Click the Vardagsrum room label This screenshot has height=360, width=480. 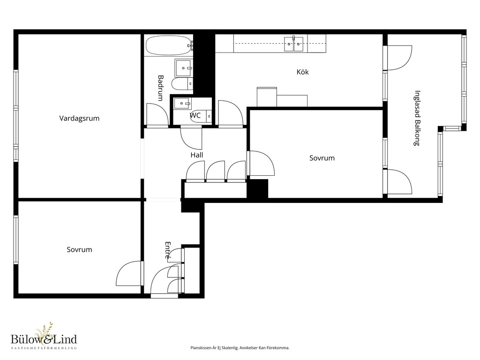pyautogui.click(x=79, y=119)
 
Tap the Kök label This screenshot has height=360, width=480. pyautogui.click(x=302, y=72)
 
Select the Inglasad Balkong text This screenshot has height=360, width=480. pyautogui.click(x=417, y=118)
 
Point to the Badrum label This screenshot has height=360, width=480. pyautogui.click(x=160, y=88)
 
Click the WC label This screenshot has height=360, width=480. pyautogui.click(x=195, y=115)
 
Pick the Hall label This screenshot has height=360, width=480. pyautogui.click(x=196, y=155)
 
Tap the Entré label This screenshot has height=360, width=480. pyautogui.click(x=168, y=250)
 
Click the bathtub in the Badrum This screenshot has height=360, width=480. pyautogui.click(x=169, y=45)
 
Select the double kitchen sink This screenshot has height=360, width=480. pyautogui.click(x=293, y=44)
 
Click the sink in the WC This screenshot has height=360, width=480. pyautogui.click(x=183, y=104)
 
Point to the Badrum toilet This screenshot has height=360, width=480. pyautogui.click(x=182, y=83)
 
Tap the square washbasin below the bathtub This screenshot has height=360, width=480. pyautogui.click(x=184, y=68)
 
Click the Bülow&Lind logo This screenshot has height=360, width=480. pyautogui.click(x=44, y=337)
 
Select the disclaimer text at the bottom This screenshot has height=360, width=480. pyautogui.click(x=240, y=348)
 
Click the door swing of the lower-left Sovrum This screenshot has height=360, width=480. pyautogui.click(x=130, y=273)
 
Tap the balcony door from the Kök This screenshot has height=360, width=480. pyautogui.click(x=399, y=58)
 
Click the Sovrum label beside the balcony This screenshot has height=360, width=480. pyautogui.click(x=322, y=158)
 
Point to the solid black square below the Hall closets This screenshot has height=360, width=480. pyautogui.click(x=257, y=188)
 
